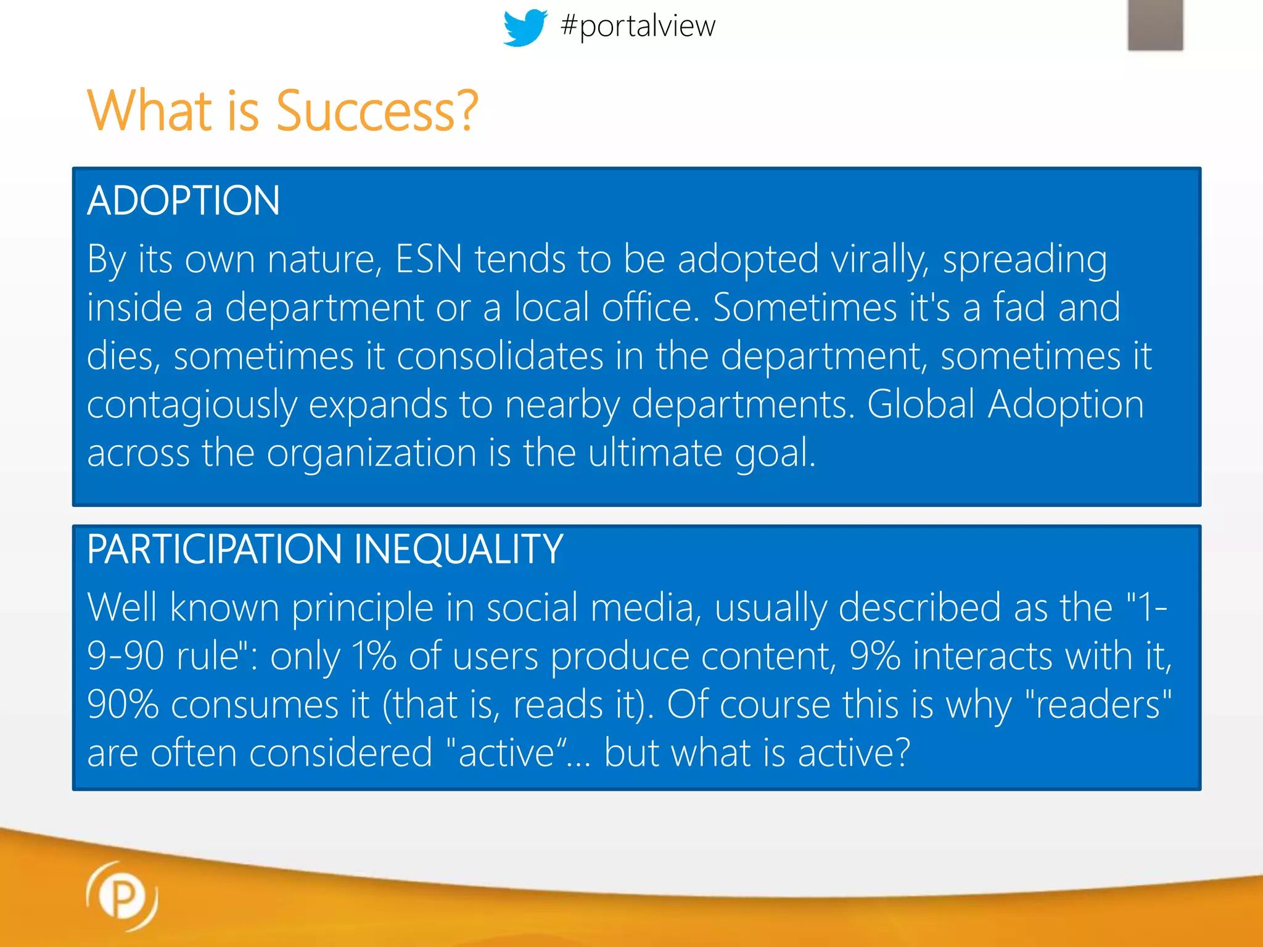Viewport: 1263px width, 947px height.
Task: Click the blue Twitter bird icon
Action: pyautogui.click(x=525, y=27)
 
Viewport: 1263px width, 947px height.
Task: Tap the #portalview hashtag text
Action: pyautogui.click(x=638, y=26)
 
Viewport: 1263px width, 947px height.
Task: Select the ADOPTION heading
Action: pyautogui.click(x=184, y=201)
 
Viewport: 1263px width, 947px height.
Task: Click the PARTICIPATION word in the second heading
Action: pyautogui.click(x=214, y=549)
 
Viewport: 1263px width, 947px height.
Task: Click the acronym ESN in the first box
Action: pyautogui.click(x=429, y=259)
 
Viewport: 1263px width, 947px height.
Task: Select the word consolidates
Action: pyautogui.click(x=500, y=356)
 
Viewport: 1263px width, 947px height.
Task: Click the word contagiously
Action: pyautogui.click(x=192, y=406)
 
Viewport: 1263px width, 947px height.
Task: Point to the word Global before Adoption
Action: pyautogui.click(x=921, y=404)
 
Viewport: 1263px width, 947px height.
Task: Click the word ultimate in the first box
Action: pyautogui.click(x=654, y=453)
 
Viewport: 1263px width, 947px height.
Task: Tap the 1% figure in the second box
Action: pyautogui.click(x=374, y=655)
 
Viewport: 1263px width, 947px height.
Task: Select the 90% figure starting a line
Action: pyautogui.click(x=123, y=704)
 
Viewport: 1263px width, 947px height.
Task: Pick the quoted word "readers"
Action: pyautogui.click(x=1098, y=704)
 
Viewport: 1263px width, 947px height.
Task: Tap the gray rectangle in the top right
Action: pyautogui.click(x=1155, y=25)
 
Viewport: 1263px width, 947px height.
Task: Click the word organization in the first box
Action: pyautogui.click(x=371, y=454)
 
